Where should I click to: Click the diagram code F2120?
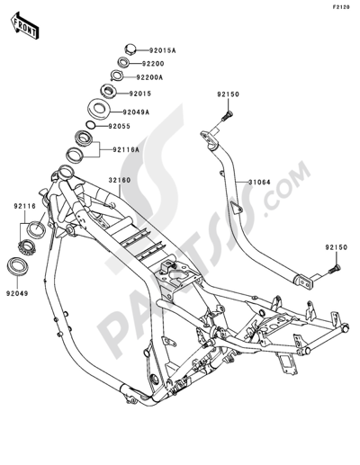coord(340,7)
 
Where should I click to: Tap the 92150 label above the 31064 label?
coord(227,93)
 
